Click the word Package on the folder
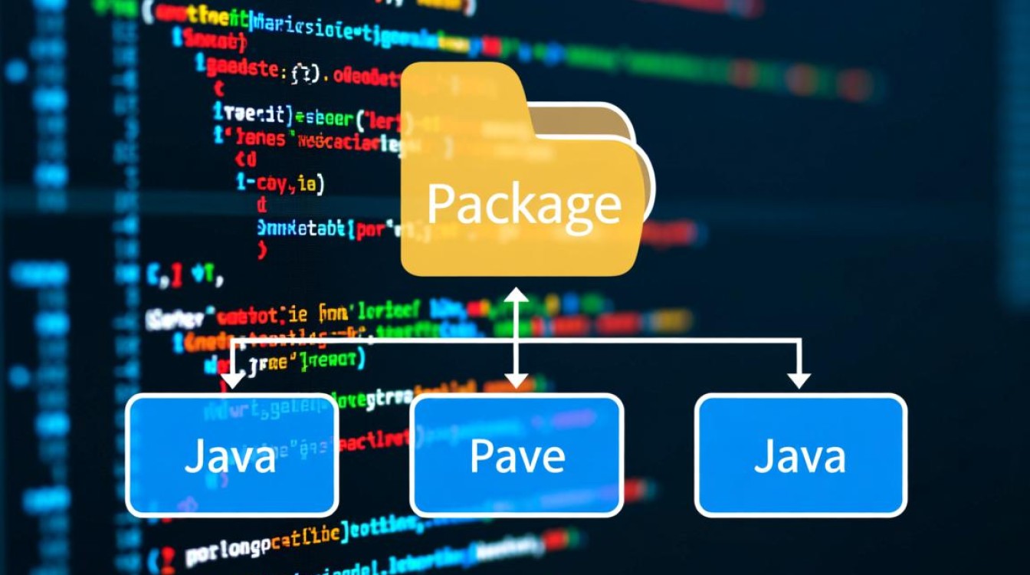[x=523, y=204]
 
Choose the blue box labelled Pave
[x=517, y=455]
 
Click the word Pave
[x=517, y=456]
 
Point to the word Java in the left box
[x=230, y=457]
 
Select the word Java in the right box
[x=800, y=456]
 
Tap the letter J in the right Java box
[x=762, y=457]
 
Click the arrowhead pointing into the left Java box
[x=233, y=379]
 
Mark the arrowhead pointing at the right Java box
[x=799, y=379]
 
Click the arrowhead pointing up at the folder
[x=517, y=295]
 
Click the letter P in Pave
[x=481, y=456]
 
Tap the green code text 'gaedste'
[x=241, y=69]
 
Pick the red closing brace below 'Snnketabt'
[x=263, y=249]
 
